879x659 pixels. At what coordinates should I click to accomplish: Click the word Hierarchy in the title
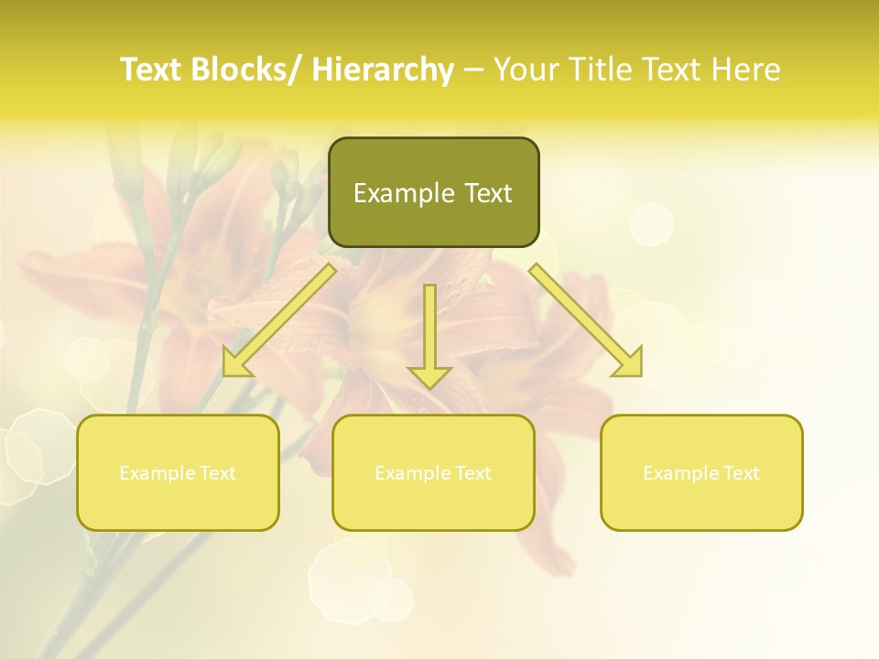[x=383, y=70]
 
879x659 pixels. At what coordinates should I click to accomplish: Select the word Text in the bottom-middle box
[x=470, y=473]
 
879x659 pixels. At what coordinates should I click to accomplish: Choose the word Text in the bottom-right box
[x=738, y=473]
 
